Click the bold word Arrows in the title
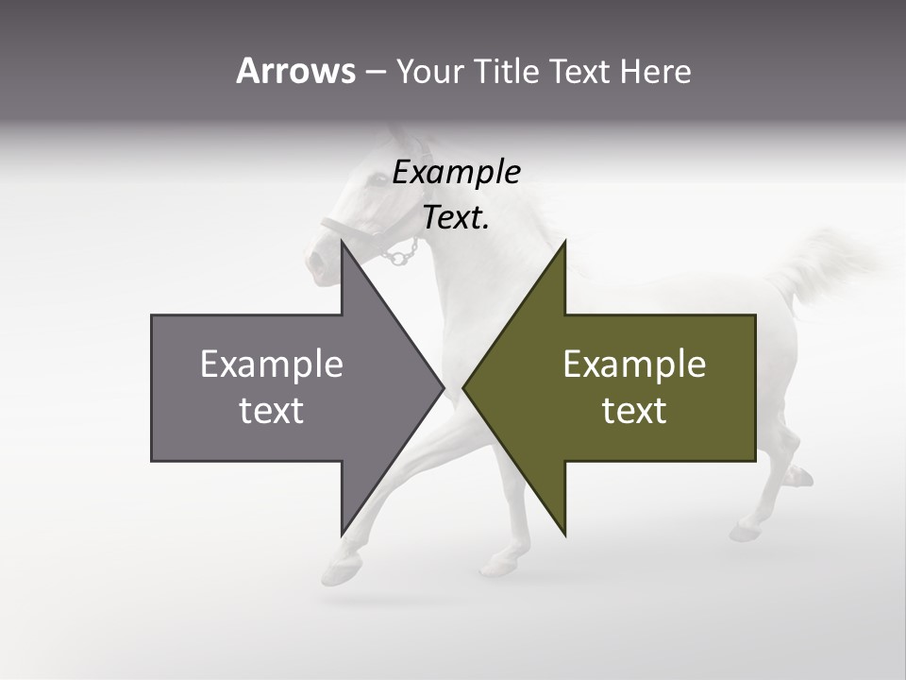tap(295, 71)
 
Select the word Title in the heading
tap(507, 71)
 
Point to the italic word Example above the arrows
tap(456, 173)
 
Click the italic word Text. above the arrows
tap(456, 218)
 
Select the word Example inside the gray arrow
tap(271, 365)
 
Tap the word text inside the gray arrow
tap(271, 411)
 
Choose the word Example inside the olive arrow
tap(634, 365)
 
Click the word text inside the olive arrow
tap(634, 411)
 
